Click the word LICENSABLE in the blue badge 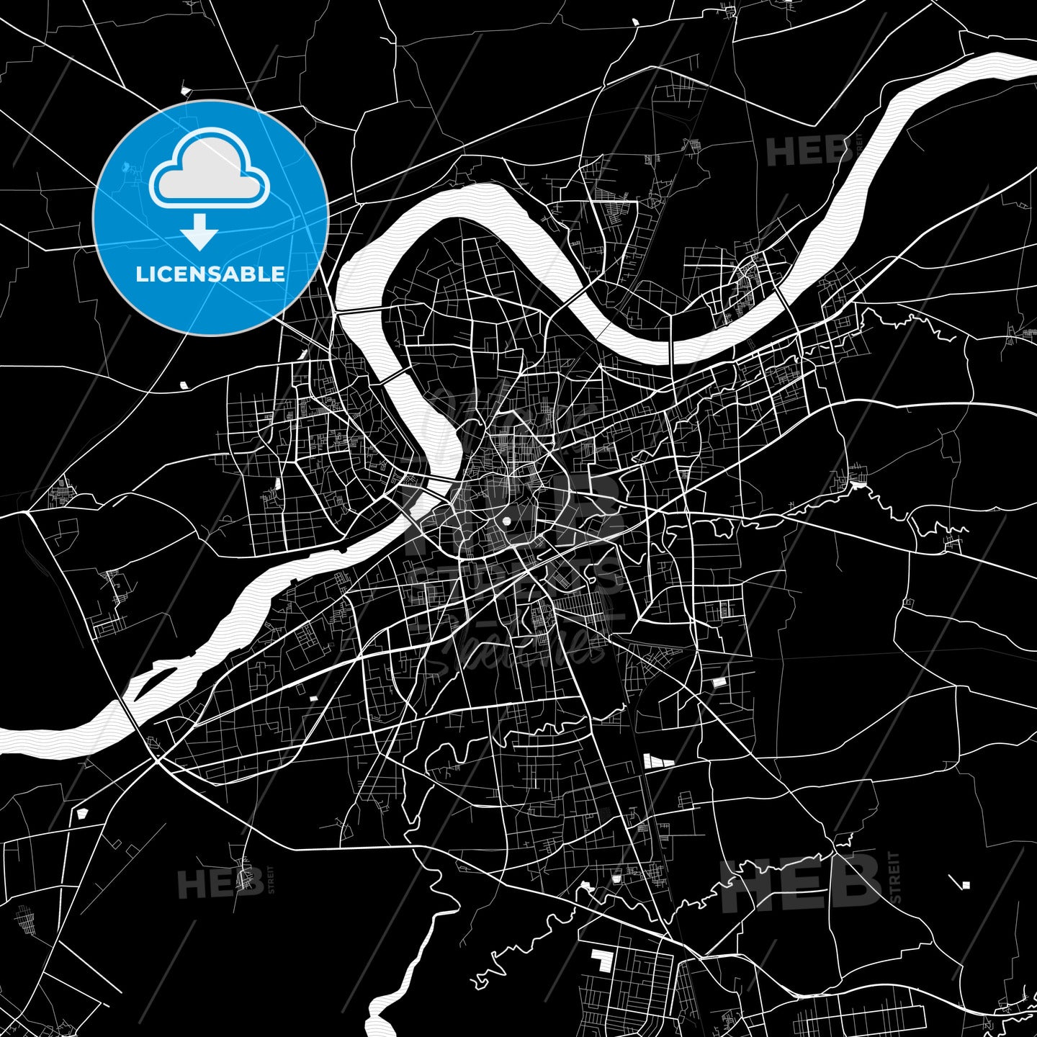click(x=210, y=274)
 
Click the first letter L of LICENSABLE click(x=141, y=274)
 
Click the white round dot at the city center click(x=506, y=521)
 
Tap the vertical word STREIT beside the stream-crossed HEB click(x=895, y=877)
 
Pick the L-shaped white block click(x=599, y=960)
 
